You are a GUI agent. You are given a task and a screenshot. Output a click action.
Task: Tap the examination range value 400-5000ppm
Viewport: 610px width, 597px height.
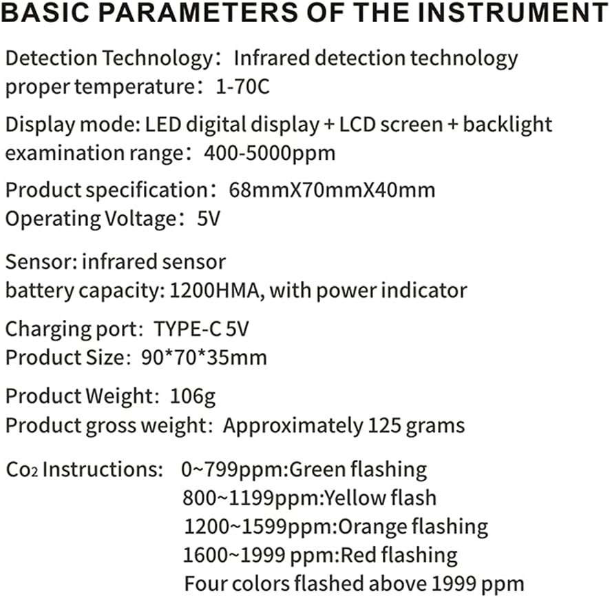click(269, 152)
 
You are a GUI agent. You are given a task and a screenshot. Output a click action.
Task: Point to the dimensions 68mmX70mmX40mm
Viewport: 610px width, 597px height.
click(327, 189)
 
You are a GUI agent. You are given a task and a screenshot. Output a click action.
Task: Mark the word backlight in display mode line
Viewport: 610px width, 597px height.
click(507, 124)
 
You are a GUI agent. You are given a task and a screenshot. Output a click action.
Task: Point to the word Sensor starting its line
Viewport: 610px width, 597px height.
click(40, 261)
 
